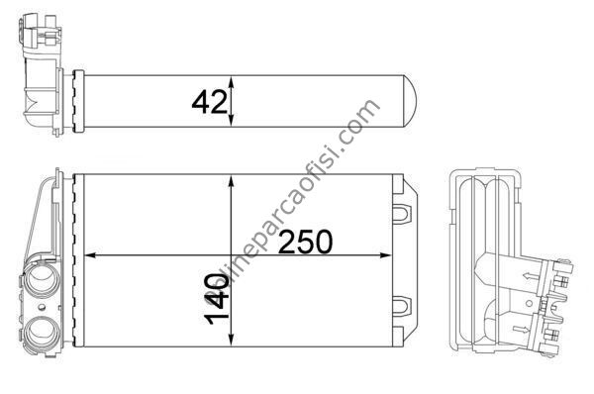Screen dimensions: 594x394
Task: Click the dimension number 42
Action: point(210,103)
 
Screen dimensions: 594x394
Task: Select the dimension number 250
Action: point(305,242)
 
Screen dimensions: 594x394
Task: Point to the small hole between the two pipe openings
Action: point(42,308)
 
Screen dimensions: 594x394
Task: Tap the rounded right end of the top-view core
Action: point(410,101)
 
